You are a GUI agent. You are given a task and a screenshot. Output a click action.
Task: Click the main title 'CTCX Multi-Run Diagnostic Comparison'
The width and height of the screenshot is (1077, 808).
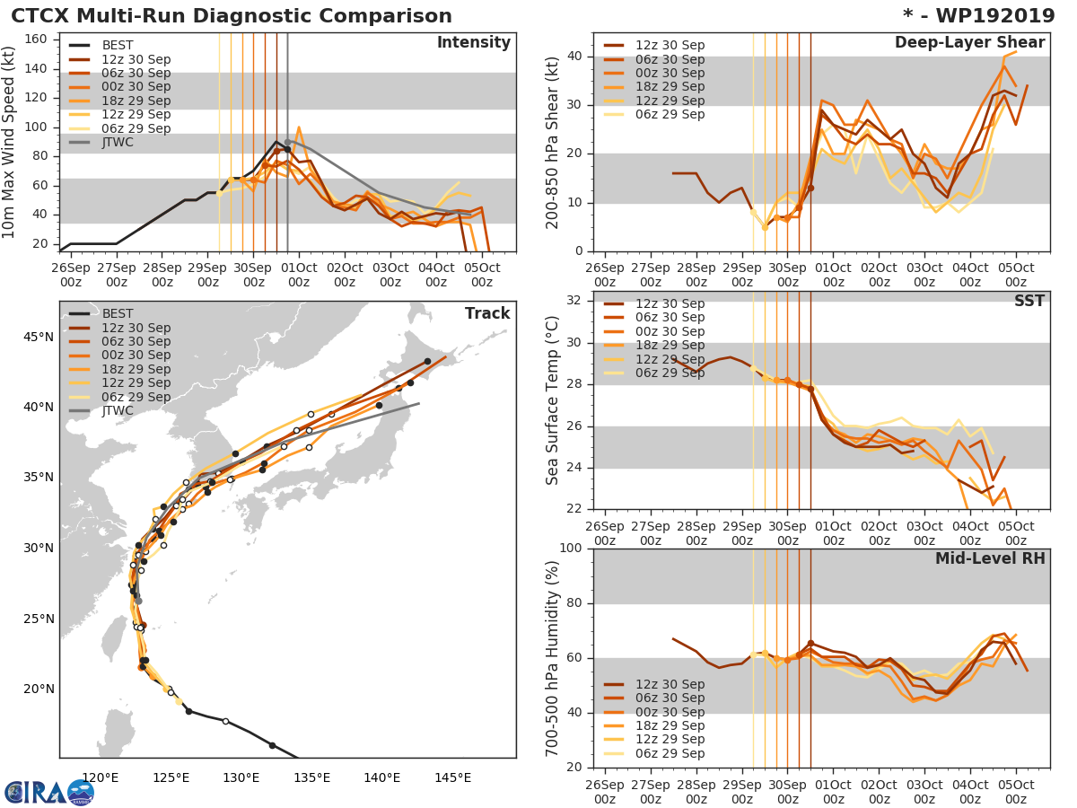(232, 16)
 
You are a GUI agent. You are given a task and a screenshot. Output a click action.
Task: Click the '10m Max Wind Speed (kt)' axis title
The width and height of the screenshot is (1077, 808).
(10, 144)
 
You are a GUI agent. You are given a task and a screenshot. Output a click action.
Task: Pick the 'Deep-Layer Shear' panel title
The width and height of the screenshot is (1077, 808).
(969, 43)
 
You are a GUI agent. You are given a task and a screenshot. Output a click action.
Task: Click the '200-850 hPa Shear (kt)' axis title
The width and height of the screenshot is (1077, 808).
(553, 144)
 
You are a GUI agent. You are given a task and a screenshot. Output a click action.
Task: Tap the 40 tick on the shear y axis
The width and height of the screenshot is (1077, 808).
(576, 57)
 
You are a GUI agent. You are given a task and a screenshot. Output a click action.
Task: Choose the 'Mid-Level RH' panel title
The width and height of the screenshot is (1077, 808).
(990, 558)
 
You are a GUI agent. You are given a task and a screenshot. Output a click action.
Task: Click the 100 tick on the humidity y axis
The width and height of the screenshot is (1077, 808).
(571, 549)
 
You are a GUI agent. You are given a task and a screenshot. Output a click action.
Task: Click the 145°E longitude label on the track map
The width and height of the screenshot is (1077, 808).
(453, 777)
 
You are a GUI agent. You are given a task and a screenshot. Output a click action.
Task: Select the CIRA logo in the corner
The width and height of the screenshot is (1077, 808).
(49, 792)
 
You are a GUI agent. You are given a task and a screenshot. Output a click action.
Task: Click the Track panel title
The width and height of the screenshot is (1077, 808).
(486, 313)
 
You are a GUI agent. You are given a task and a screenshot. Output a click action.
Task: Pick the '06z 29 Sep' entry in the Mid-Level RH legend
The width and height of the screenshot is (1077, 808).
(668, 754)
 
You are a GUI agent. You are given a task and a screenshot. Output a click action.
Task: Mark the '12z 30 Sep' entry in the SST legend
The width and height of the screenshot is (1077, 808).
(668, 303)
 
